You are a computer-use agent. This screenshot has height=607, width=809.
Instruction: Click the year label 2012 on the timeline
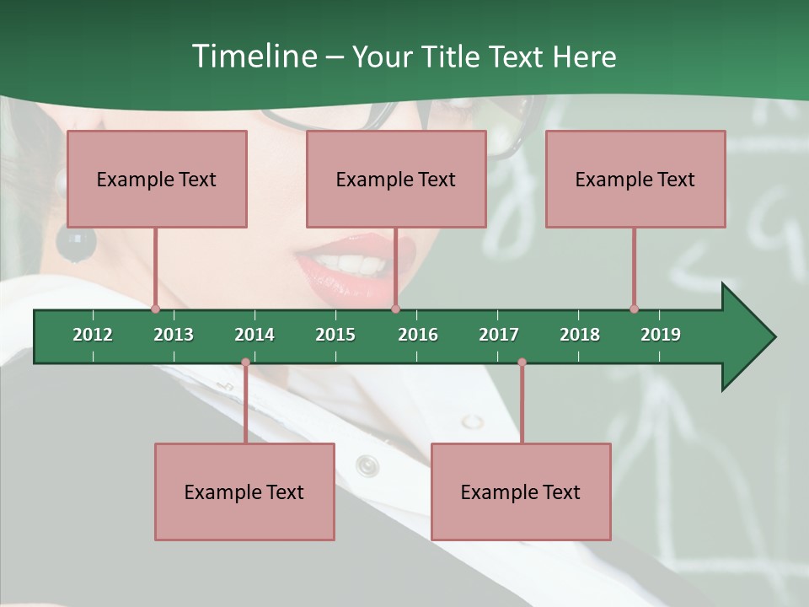coord(93,335)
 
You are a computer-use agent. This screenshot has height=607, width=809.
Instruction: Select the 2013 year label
coord(174,335)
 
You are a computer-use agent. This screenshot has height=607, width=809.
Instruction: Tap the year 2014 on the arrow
coord(254,335)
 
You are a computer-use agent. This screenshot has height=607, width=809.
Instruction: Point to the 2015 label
coord(335,335)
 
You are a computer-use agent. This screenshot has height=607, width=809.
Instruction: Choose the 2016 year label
coord(418,335)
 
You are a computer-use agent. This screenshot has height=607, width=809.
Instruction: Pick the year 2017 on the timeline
coord(499,335)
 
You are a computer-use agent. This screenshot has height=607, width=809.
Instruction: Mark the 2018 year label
coord(580,335)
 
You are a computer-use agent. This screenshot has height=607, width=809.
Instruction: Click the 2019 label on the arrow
coord(661,335)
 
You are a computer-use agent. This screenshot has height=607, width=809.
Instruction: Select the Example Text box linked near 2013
coord(157,179)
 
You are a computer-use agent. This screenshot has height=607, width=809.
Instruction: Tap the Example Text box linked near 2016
coord(396,179)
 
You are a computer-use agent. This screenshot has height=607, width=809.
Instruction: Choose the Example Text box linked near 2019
coord(635,179)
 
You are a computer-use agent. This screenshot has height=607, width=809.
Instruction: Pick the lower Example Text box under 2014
coord(244,492)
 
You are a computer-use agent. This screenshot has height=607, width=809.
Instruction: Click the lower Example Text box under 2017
coord(521,492)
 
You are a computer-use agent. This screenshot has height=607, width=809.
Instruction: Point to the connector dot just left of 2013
coord(155,309)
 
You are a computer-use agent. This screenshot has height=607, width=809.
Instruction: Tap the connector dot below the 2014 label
coord(245,363)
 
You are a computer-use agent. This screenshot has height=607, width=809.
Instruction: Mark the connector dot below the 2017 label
coord(522,363)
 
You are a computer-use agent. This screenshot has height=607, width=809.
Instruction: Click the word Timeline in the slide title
coord(253,56)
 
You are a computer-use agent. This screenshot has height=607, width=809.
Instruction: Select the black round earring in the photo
coord(76,241)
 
